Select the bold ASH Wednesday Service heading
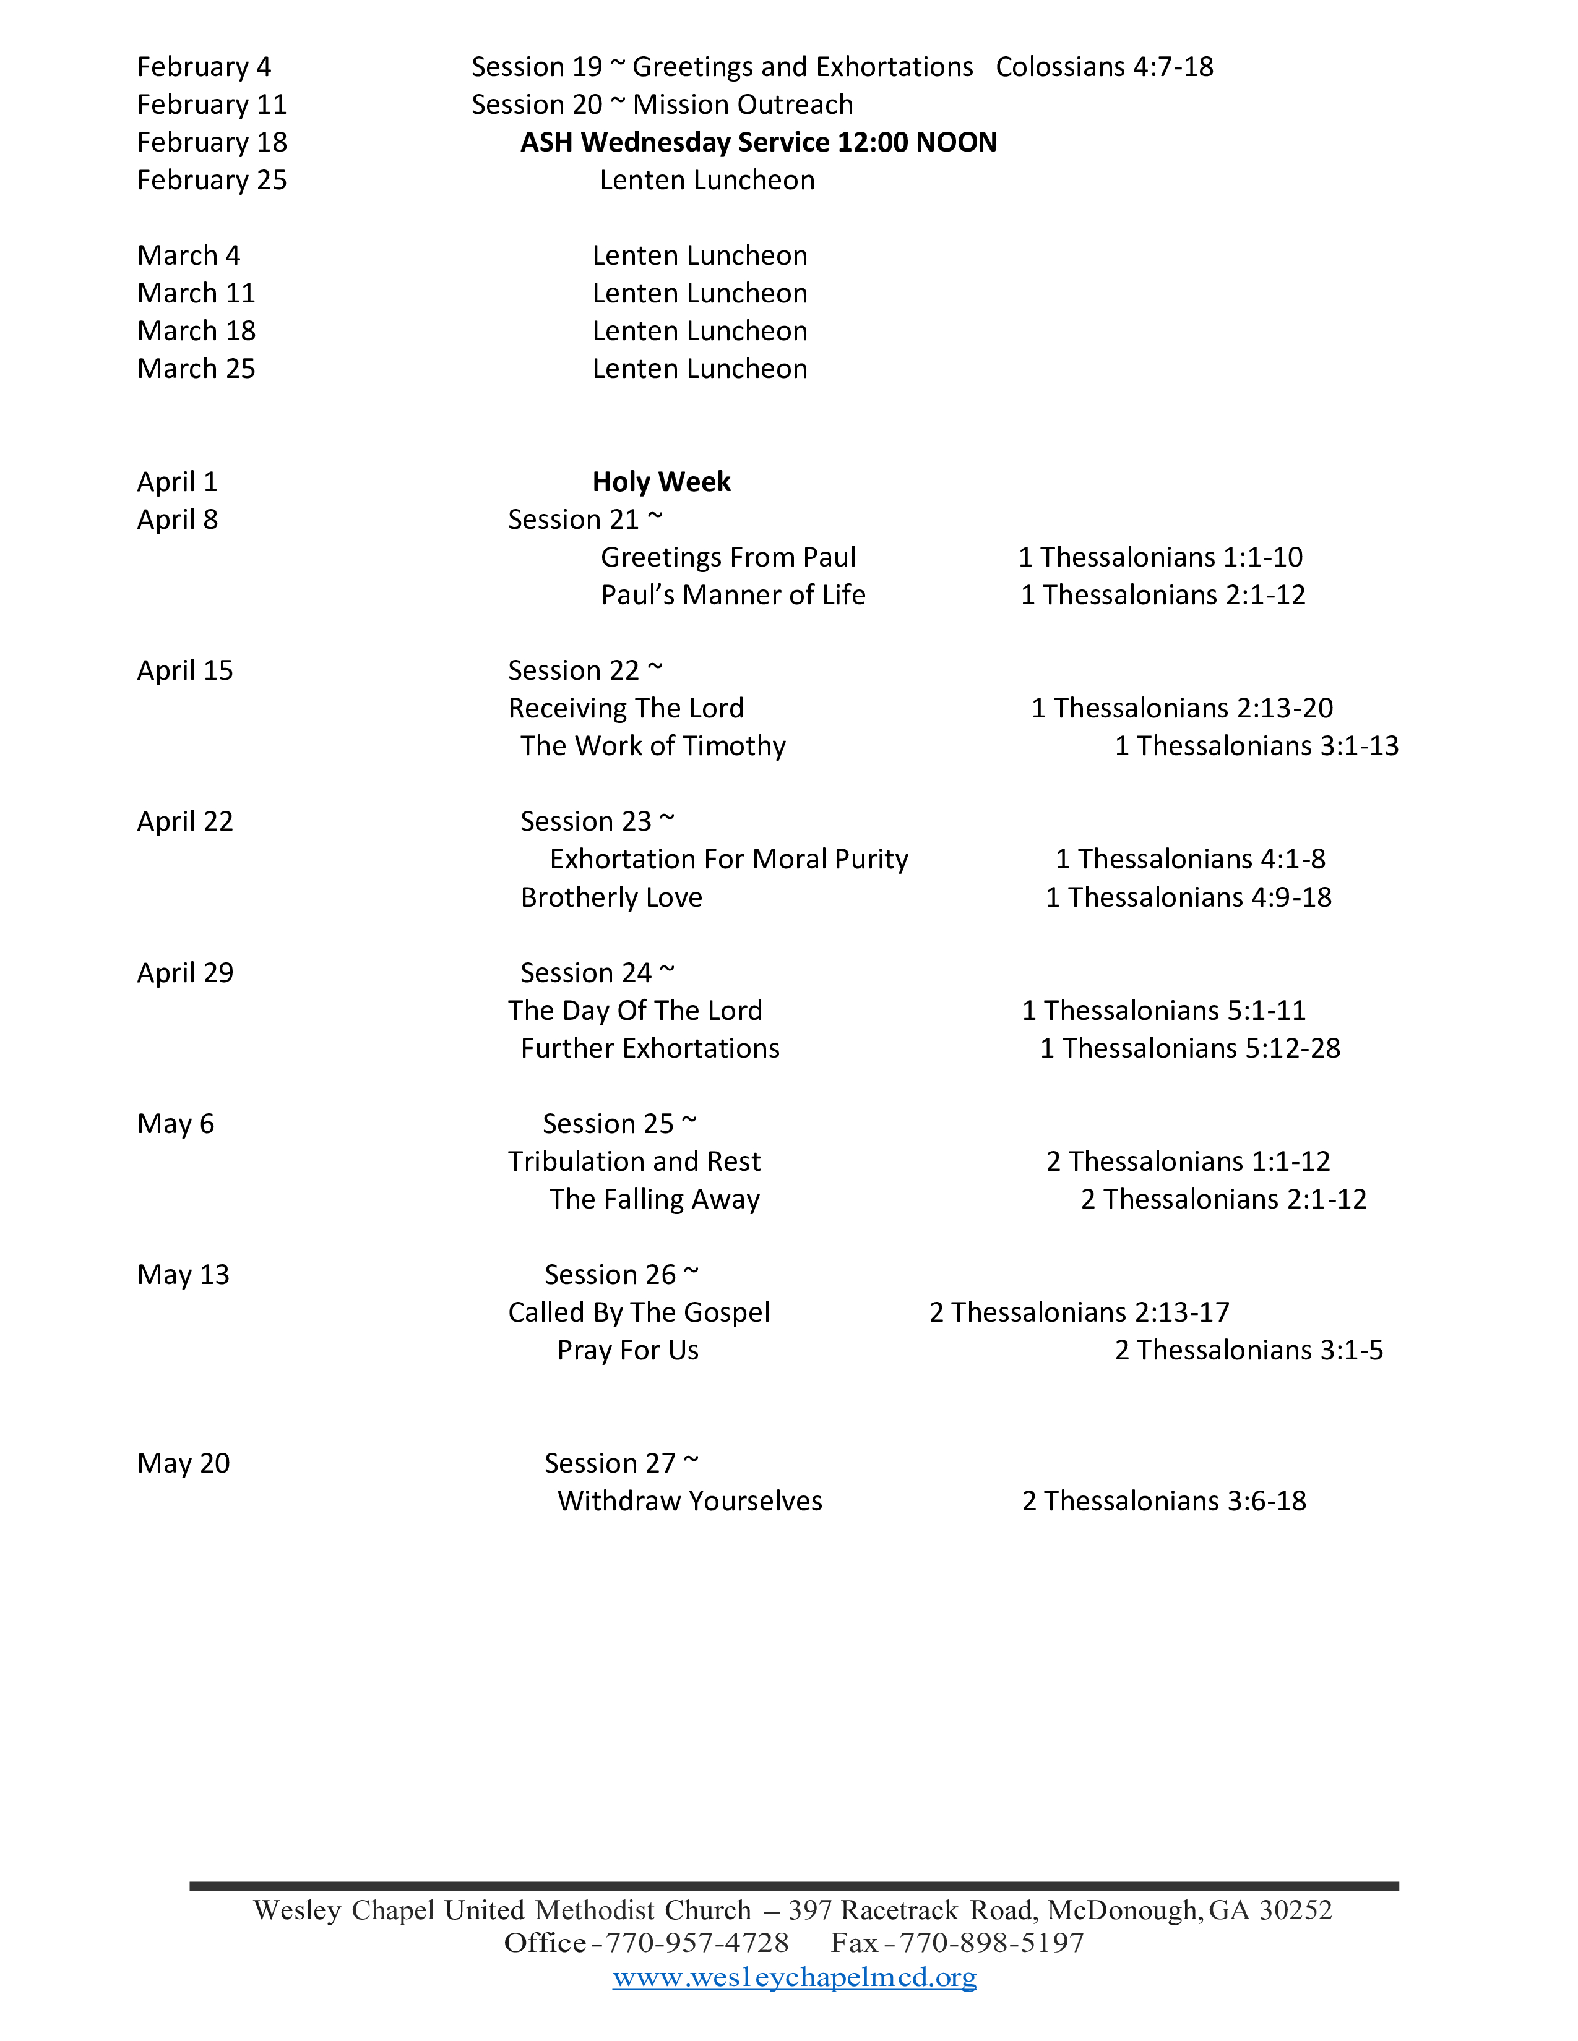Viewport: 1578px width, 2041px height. (758, 142)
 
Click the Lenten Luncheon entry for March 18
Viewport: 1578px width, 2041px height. (699, 331)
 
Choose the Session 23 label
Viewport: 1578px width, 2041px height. (597, 821)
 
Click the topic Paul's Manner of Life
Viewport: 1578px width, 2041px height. (733, 595)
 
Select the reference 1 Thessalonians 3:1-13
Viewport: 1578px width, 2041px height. (1256, 746)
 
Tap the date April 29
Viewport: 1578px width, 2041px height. (185, 973)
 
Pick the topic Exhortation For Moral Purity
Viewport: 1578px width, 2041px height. (728, 860)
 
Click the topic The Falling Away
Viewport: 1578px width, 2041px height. (654, 1199)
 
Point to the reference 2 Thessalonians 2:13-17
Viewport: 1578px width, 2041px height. (1079, 1312)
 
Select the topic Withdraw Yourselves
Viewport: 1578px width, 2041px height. (690, 1501)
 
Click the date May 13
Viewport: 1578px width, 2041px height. (183, 1275)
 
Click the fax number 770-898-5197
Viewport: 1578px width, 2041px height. (991, 1943)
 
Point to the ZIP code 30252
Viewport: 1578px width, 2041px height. (1295, 1909)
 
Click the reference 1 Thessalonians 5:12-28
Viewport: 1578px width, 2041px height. (1190, 1048)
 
